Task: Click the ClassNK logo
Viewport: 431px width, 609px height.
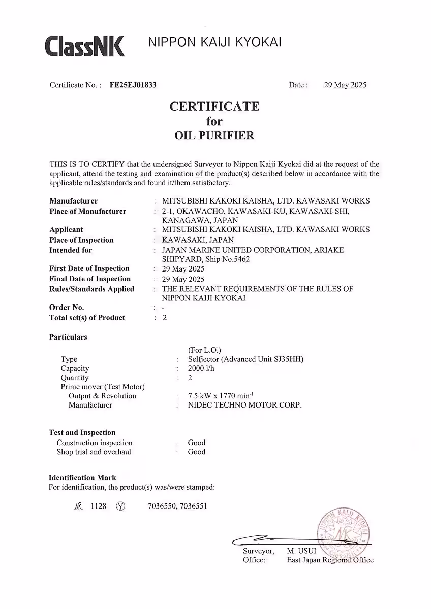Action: (84, 46)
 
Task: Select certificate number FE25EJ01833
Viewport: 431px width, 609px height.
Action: (133, 85)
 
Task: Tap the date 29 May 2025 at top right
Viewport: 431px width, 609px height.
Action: (345, 85)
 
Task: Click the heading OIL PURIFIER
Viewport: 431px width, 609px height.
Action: (214, 136)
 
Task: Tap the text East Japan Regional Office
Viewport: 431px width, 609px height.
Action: (330, 560)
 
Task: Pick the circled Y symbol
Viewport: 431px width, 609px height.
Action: (120, 506)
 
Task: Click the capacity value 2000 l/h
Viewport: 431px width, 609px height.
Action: (201, 368)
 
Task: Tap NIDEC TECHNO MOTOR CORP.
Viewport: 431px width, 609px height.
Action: (244, 405)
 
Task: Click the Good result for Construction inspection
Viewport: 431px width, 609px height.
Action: (197, 443)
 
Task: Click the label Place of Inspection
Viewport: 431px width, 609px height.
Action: (81, 240)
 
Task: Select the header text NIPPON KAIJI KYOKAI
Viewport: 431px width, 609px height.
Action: (214, 43)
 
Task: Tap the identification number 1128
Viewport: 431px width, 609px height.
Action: (98, 506)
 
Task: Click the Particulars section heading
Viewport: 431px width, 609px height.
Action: (68, 337)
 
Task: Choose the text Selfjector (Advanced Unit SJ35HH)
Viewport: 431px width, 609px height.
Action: (245, 359)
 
